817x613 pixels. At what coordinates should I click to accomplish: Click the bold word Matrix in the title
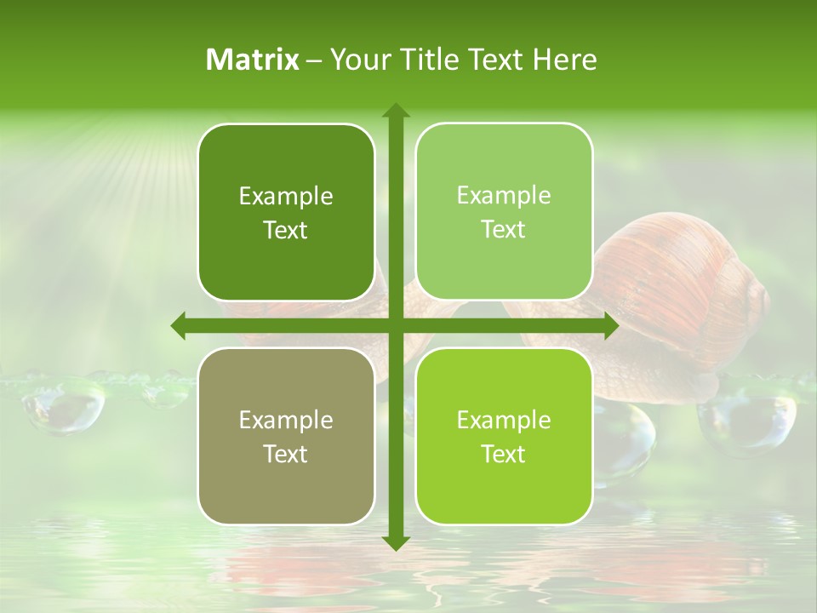coord(253,60)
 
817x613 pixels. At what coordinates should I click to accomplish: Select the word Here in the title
coord(564,60)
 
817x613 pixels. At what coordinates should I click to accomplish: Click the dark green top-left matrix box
coord(286,212)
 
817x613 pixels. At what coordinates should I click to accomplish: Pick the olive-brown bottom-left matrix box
coord(286,436)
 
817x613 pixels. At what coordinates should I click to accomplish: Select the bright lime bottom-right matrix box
coord(504,436)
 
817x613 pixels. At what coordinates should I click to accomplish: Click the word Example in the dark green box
coord(286,197)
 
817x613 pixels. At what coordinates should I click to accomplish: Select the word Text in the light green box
coord(504,230)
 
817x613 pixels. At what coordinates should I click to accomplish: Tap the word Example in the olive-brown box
coord(286,420)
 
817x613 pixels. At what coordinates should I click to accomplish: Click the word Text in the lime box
coord(504,454)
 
